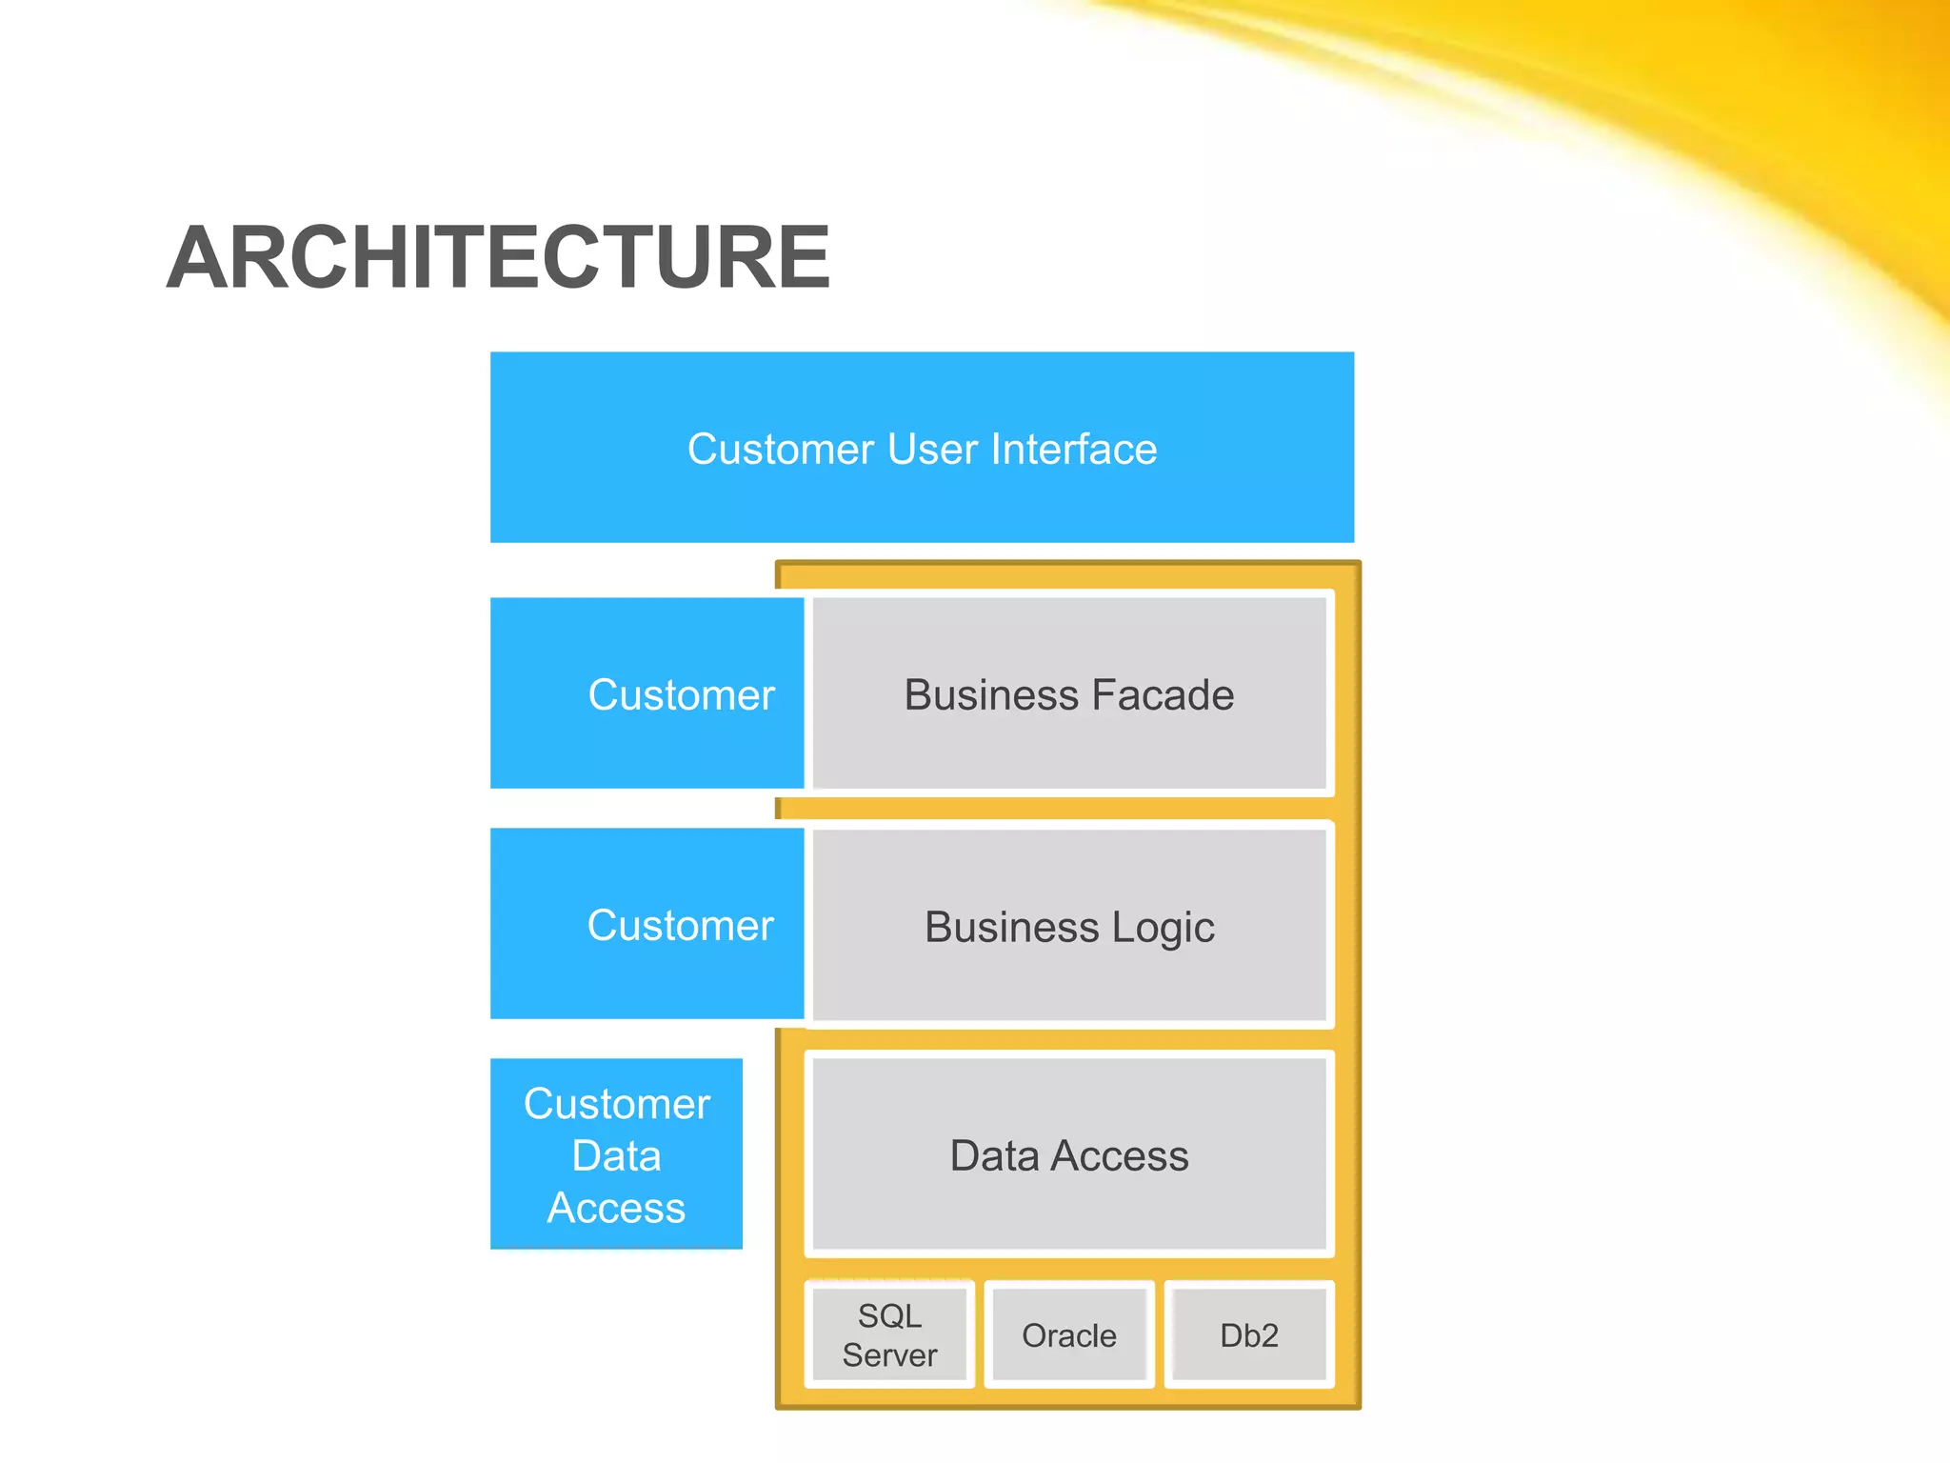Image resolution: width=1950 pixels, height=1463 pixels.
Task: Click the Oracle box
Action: click(x=1068, y=1335)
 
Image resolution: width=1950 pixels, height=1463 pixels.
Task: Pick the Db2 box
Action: click(x=1248, y=1335)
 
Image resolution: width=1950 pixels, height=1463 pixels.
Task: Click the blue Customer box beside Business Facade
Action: click(x=647, y=694)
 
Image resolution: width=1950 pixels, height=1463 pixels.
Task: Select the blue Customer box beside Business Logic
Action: click(x=647, y=925)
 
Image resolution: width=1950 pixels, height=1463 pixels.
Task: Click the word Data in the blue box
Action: click(x=616, y=1155)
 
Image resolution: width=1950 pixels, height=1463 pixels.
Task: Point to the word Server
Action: click(x=889, y=1354)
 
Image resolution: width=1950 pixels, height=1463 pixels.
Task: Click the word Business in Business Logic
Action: click(x=1011, y=927)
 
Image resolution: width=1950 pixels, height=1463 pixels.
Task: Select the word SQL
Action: click(x=889, y=1315)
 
